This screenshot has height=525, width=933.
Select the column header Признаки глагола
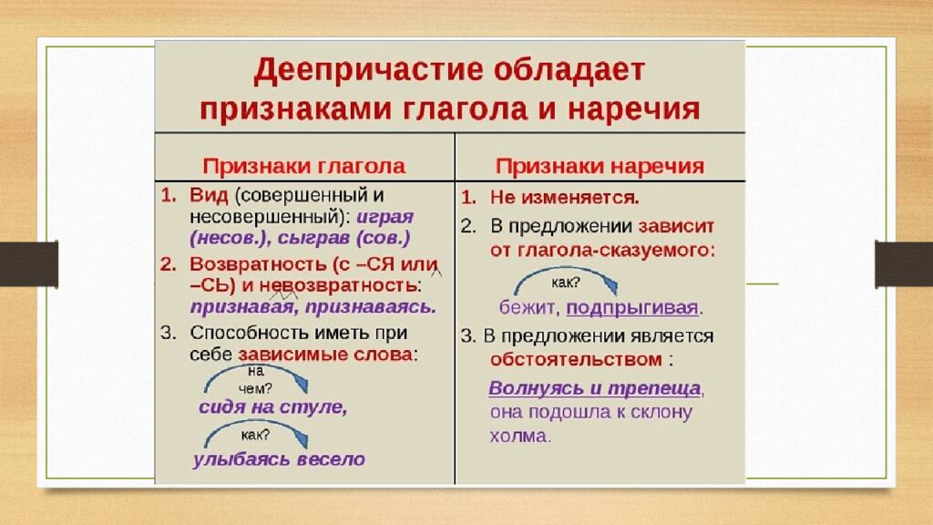303,166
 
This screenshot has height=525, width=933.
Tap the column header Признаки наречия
600,166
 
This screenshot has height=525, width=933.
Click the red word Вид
208,195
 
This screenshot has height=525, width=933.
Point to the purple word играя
384,217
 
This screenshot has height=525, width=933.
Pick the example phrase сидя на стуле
273,407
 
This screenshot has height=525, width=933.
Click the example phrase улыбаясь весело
279,459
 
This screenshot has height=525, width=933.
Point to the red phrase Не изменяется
565,197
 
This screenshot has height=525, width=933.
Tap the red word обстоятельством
575,358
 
